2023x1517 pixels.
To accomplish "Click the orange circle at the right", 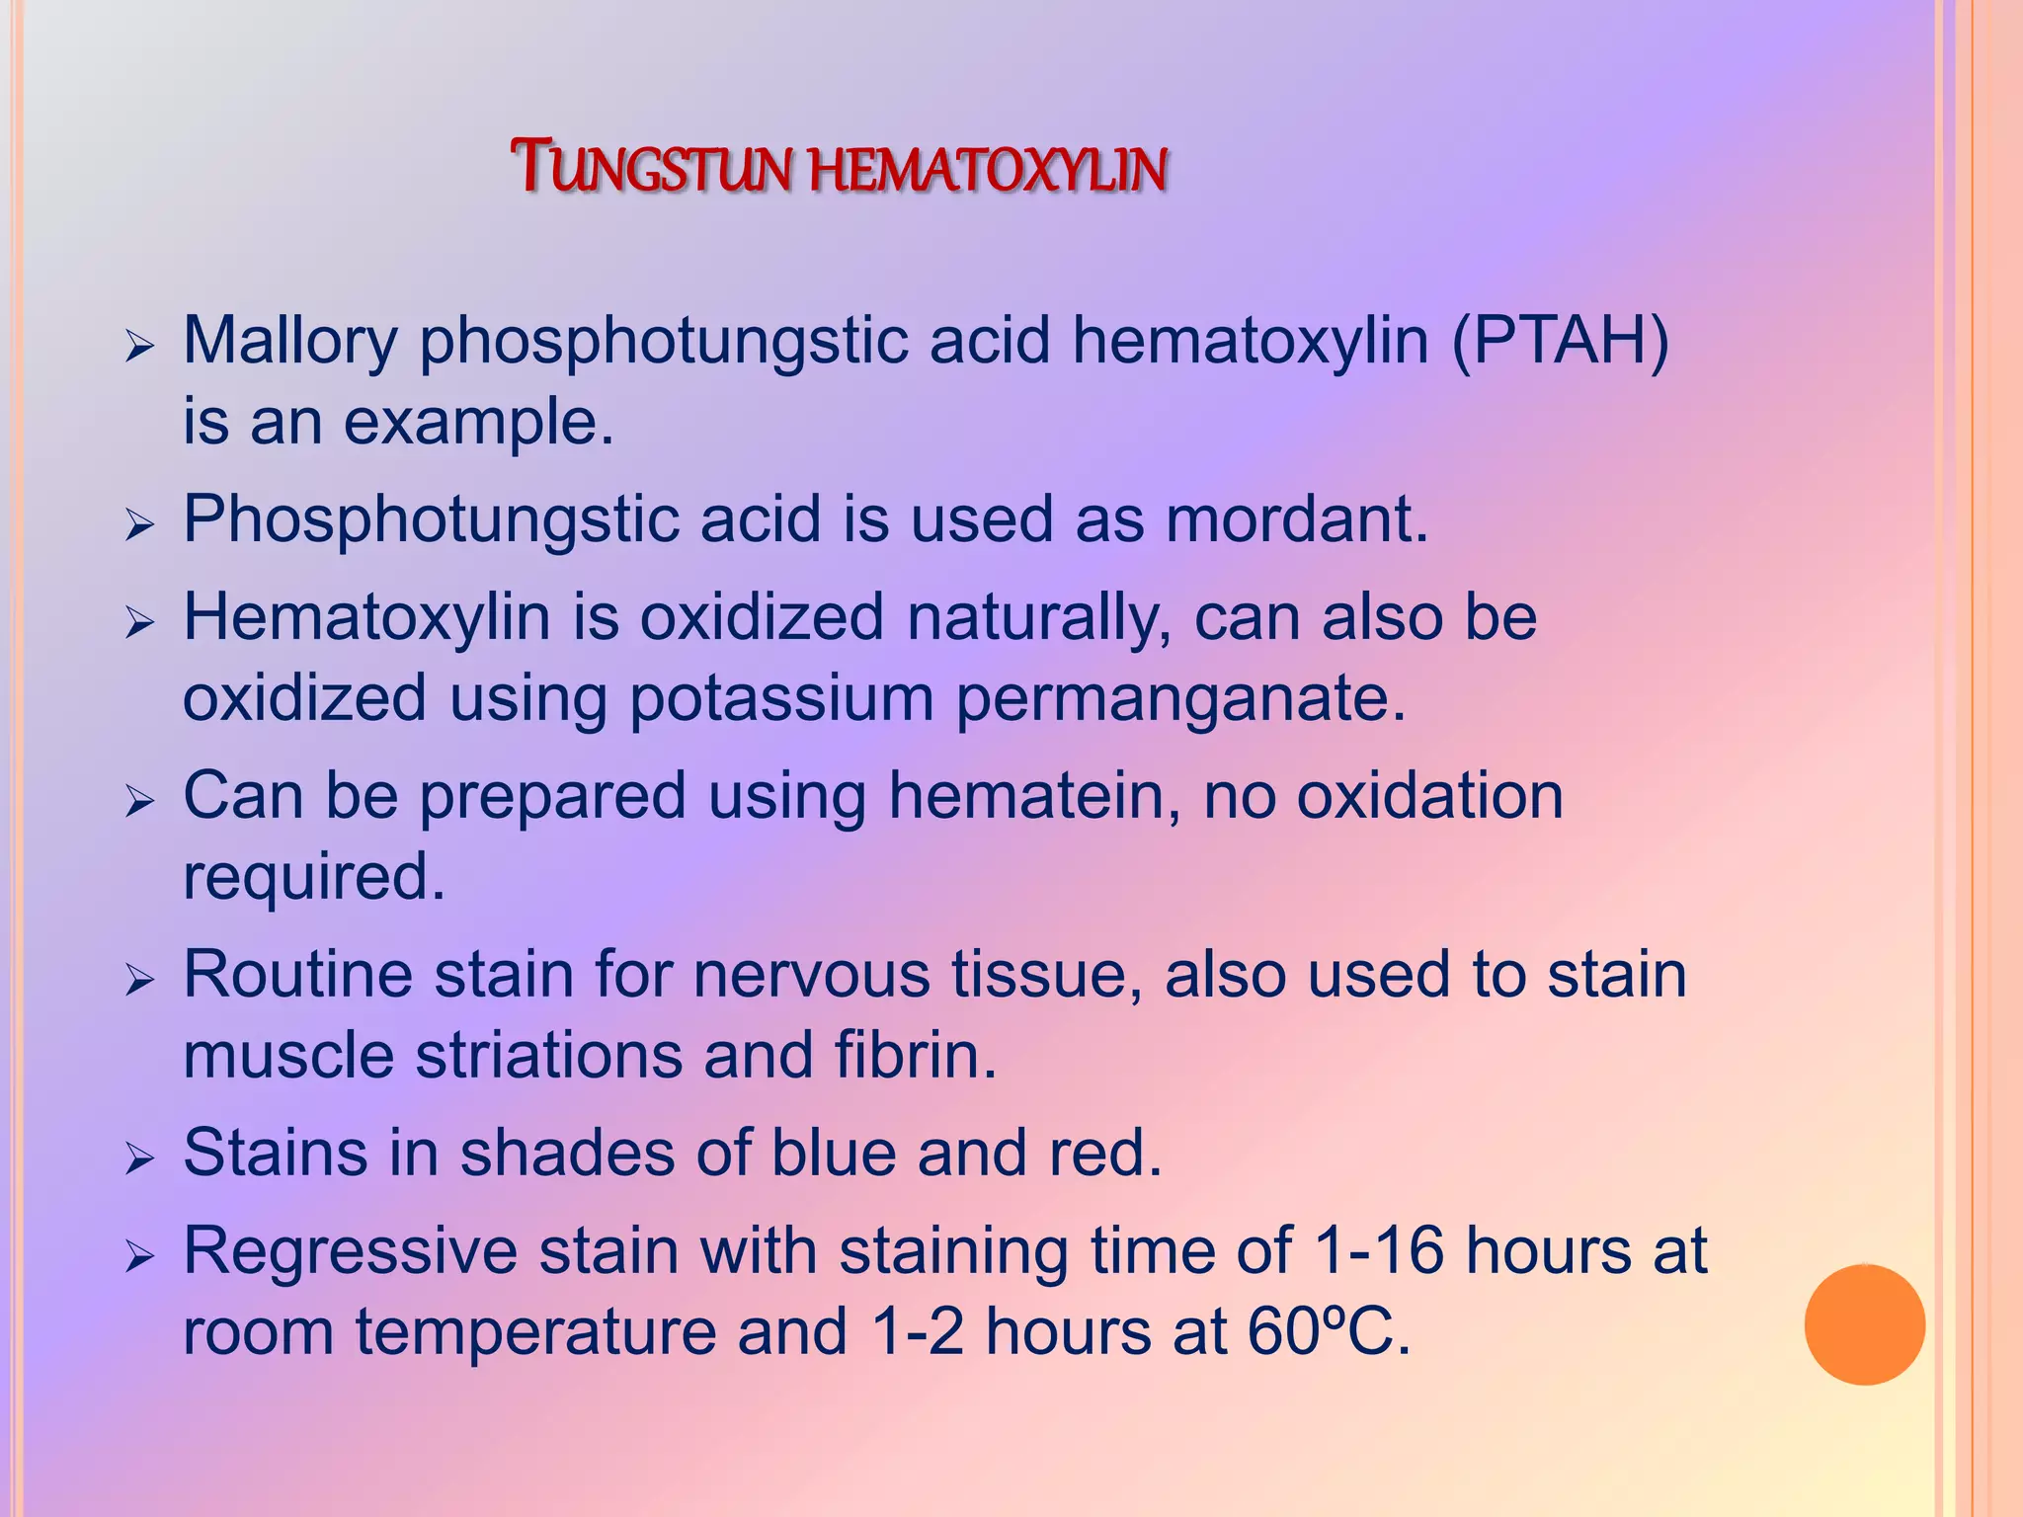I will coord(1864,1324).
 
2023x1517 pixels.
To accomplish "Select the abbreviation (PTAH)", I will coord(1561,342).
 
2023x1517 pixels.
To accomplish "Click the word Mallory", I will coord(289,342).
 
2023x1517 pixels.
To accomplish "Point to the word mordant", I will coord(1296,519).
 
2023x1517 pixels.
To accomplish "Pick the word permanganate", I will coord(1179,699).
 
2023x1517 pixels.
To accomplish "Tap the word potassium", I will coord(780,699).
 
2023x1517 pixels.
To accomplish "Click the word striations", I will coord(548,1055).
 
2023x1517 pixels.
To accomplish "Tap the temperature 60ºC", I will coord(1329,1331).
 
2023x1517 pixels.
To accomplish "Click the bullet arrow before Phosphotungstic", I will coord(140,524).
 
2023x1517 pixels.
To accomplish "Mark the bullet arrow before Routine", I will coord(140,980).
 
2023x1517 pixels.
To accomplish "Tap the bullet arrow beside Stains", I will coord(140,1158).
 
